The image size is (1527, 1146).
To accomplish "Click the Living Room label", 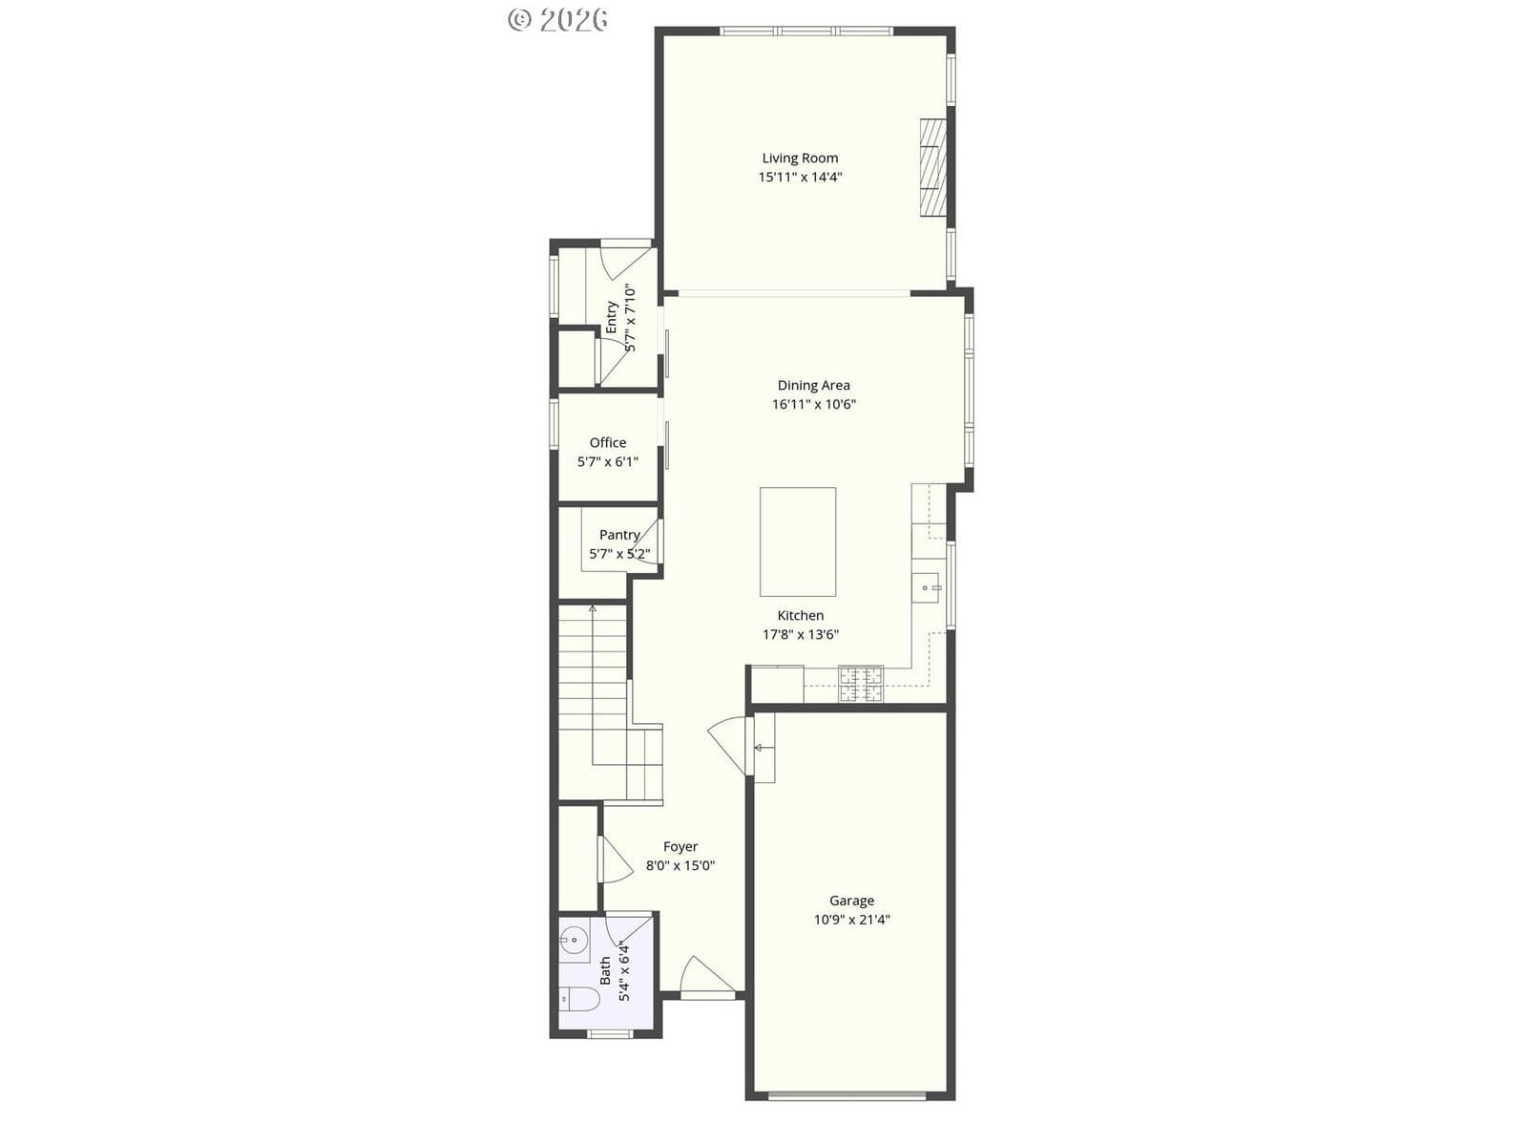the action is (800, 158).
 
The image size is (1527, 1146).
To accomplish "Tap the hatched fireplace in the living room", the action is (932, 168).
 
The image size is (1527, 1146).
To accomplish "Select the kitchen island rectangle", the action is (797, 541).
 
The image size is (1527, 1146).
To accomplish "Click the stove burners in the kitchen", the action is (860, 684).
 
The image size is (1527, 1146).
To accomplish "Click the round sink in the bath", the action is (575, 941).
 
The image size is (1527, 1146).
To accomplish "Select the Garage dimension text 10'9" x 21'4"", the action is (851, 920).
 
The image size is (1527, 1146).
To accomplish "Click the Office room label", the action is (607, 442).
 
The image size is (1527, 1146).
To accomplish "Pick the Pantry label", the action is (619, 535).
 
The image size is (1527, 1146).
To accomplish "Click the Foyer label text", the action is (680, 847).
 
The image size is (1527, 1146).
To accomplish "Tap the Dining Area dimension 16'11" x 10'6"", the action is (813, 404).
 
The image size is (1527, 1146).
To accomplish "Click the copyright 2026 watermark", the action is (557, 19).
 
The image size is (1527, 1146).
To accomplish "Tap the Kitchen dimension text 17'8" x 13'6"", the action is (800, 634).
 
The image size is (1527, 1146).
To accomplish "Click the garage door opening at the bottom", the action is (847, 1096).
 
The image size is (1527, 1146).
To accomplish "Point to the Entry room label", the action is (611, 317).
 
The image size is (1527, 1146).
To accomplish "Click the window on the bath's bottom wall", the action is (610, 1034).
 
